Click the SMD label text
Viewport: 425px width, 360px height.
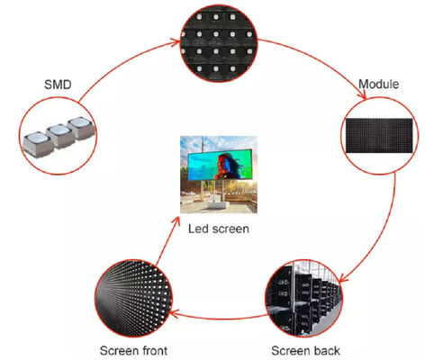(x=58, y=85)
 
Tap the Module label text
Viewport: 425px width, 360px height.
(x=379, y=84)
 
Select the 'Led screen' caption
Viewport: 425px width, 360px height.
(x=219, y=229)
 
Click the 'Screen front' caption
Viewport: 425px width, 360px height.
(x=133, y=350)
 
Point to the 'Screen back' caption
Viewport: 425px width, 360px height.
(x=305, y=350)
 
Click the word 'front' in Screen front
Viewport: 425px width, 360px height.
(x=151, y=350)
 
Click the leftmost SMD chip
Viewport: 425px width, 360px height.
(x=38, y=144)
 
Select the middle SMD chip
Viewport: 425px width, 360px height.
(x=61, y=136)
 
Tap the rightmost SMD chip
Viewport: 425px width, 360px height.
(x=82, y=128)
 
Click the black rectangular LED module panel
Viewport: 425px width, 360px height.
(x=379, y=136)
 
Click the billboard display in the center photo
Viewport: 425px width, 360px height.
(x=220, y=165)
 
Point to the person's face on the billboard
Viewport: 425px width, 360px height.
(x=225, y=160)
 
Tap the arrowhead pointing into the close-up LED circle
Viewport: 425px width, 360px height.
(x=175, y=42)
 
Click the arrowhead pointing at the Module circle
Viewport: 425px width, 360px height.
(x=362, y=94)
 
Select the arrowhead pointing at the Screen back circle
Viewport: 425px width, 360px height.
(x=343, y=278)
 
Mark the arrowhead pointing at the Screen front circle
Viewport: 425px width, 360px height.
(x=176, y=314)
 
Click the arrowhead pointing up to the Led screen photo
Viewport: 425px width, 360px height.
(x=176, y=221)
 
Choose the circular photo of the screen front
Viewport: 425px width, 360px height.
(x=133, y=299)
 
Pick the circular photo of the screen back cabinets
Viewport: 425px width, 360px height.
(x=303, y=298)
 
